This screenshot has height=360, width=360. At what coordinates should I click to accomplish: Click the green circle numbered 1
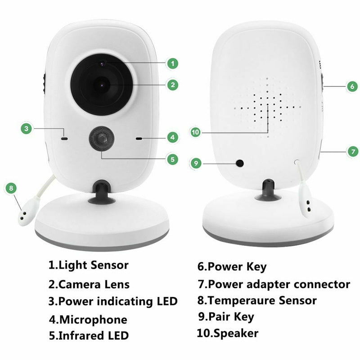point(171,63)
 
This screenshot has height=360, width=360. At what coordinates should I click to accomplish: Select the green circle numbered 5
point(171,159)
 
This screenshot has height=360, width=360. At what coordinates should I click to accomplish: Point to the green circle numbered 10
point(195,132)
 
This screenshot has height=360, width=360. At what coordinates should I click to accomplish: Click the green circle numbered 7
point(352,151)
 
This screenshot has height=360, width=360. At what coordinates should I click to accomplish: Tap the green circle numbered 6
point(352,86)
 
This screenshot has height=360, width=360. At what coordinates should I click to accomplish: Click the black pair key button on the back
point(240,162)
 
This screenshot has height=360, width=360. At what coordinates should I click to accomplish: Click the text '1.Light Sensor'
point(89,265)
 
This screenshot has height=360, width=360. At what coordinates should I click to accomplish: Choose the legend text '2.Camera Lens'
point(89,284)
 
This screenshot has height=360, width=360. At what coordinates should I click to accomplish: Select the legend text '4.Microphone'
point(88,320)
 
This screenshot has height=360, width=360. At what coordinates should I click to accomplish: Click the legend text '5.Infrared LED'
point(89,336)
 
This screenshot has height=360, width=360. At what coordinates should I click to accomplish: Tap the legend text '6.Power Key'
point(232,266)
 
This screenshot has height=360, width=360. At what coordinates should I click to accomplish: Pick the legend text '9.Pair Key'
point(225,317)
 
